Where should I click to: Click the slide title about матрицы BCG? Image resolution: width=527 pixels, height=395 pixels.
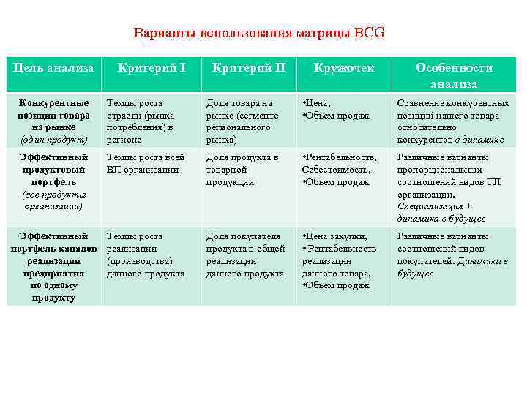258,34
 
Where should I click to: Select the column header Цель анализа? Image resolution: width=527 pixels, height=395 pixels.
54,68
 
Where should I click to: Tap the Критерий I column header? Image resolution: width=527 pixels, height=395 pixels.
152,68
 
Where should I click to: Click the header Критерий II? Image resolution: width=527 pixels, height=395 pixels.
248,68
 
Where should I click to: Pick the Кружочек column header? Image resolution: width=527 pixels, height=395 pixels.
343,68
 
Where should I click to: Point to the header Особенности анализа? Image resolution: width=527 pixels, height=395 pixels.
454,75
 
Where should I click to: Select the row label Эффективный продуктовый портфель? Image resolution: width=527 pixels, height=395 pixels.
54,169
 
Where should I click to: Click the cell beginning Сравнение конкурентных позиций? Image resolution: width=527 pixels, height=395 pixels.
453,121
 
